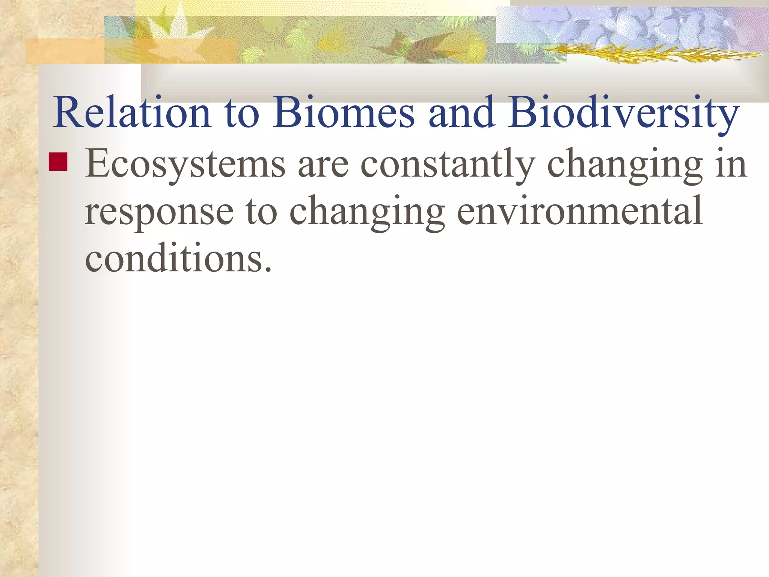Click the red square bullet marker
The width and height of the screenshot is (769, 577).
tap(58, 162)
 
